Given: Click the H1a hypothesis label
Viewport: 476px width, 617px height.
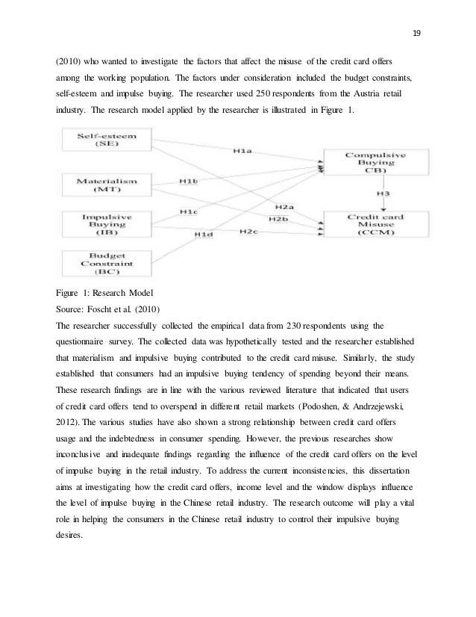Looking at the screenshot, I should coord(242,152).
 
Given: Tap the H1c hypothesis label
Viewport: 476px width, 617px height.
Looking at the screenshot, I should coord(189,212).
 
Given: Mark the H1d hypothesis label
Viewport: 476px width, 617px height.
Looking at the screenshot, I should coord(204,236).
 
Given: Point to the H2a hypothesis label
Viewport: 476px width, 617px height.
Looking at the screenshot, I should coord(284,206).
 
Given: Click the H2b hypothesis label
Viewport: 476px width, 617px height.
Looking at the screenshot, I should coord(278,219).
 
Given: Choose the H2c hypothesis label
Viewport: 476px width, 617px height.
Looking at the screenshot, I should coord(248,232).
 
